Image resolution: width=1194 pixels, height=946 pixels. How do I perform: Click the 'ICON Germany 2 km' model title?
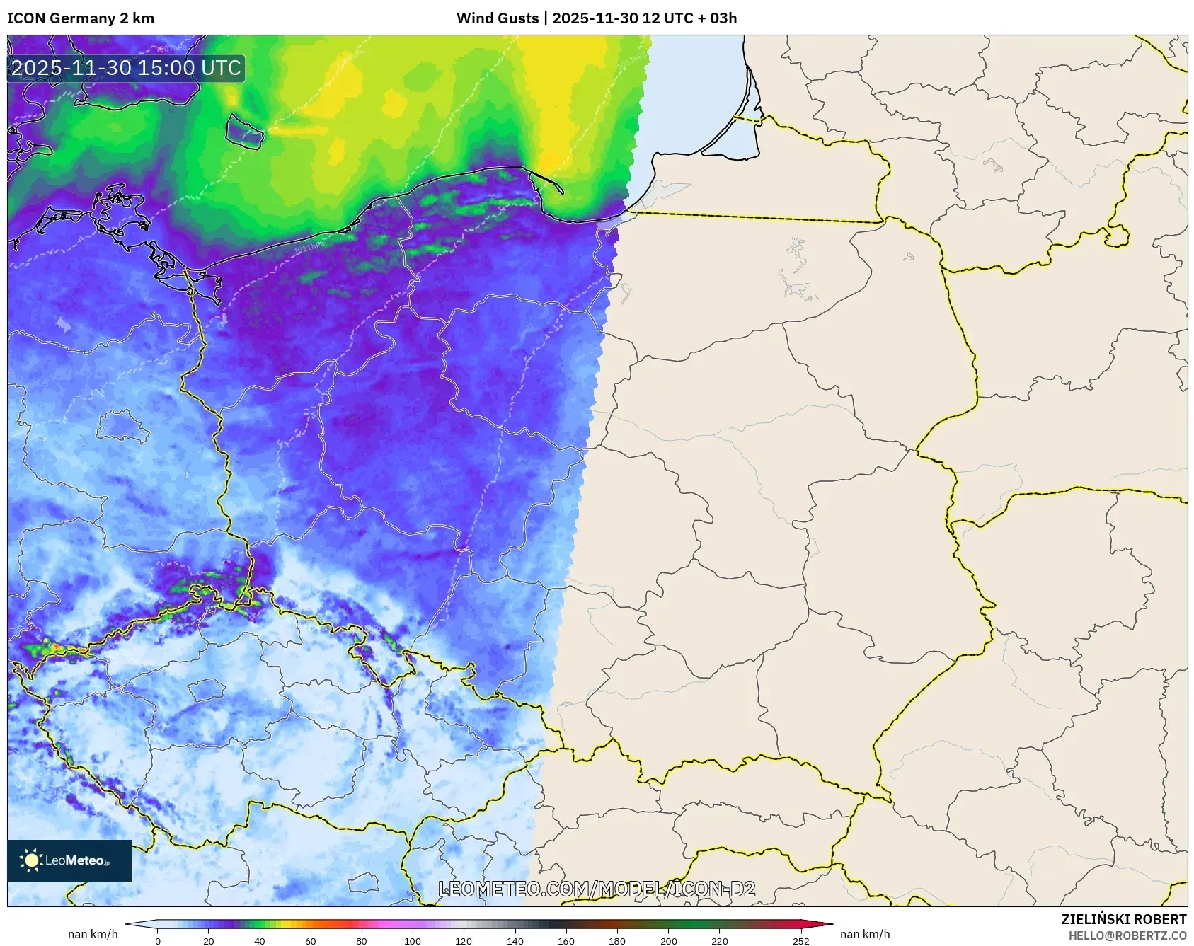(81, 18)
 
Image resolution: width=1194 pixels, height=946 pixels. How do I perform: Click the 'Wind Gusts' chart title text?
(497, 18)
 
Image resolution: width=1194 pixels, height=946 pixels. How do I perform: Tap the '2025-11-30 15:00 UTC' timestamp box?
(126, 69)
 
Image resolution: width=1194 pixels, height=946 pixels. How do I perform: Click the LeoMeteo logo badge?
(69, 860)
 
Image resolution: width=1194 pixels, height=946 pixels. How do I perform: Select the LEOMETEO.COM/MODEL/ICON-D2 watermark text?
(597, 889)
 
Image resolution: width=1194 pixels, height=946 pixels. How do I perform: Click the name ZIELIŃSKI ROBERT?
(1123, 919)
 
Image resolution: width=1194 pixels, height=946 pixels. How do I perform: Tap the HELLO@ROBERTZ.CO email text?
(1127, 935)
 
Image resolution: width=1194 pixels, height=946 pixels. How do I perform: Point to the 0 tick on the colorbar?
(158, 941)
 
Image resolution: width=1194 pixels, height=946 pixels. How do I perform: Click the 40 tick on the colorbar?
(260, 941)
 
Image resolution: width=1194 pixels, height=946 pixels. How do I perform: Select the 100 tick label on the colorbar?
(413, 941)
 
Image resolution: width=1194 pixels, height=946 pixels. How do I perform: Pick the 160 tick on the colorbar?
(566, 941)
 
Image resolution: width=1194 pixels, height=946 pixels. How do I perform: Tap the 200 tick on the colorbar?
(668, 941)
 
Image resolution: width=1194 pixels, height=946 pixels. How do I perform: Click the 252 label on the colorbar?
(800, 941)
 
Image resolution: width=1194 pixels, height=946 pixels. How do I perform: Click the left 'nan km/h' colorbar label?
(93, 934)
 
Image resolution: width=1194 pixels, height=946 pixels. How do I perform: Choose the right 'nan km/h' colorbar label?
(864, 934)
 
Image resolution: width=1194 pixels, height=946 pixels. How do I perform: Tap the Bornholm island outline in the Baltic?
(244, 131)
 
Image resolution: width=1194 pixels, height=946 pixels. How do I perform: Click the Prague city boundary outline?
(206, 689)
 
